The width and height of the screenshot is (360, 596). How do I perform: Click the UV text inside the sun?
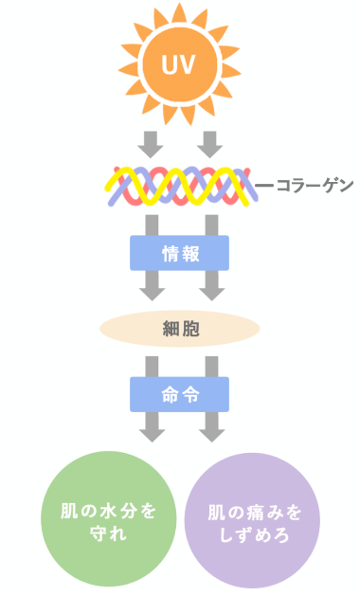click(179, 66)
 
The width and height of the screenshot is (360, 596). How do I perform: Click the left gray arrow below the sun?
click(151, 144)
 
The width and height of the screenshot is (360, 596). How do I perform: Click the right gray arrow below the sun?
click(209, 144)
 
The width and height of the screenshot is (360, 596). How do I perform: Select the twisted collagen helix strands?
click(179, 186)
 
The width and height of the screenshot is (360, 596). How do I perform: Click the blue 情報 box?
click(179, 253)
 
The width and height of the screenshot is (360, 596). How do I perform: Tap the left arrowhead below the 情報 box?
click(151, 289)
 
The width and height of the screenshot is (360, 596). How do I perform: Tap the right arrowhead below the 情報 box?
click(209, 289)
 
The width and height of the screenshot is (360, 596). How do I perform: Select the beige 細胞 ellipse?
click(179, 329)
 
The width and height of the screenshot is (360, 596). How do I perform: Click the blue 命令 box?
click(179, 394)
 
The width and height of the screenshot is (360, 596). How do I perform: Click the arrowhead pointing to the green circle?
click(151, 432)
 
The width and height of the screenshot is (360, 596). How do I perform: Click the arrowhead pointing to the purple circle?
click(209, 432)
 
